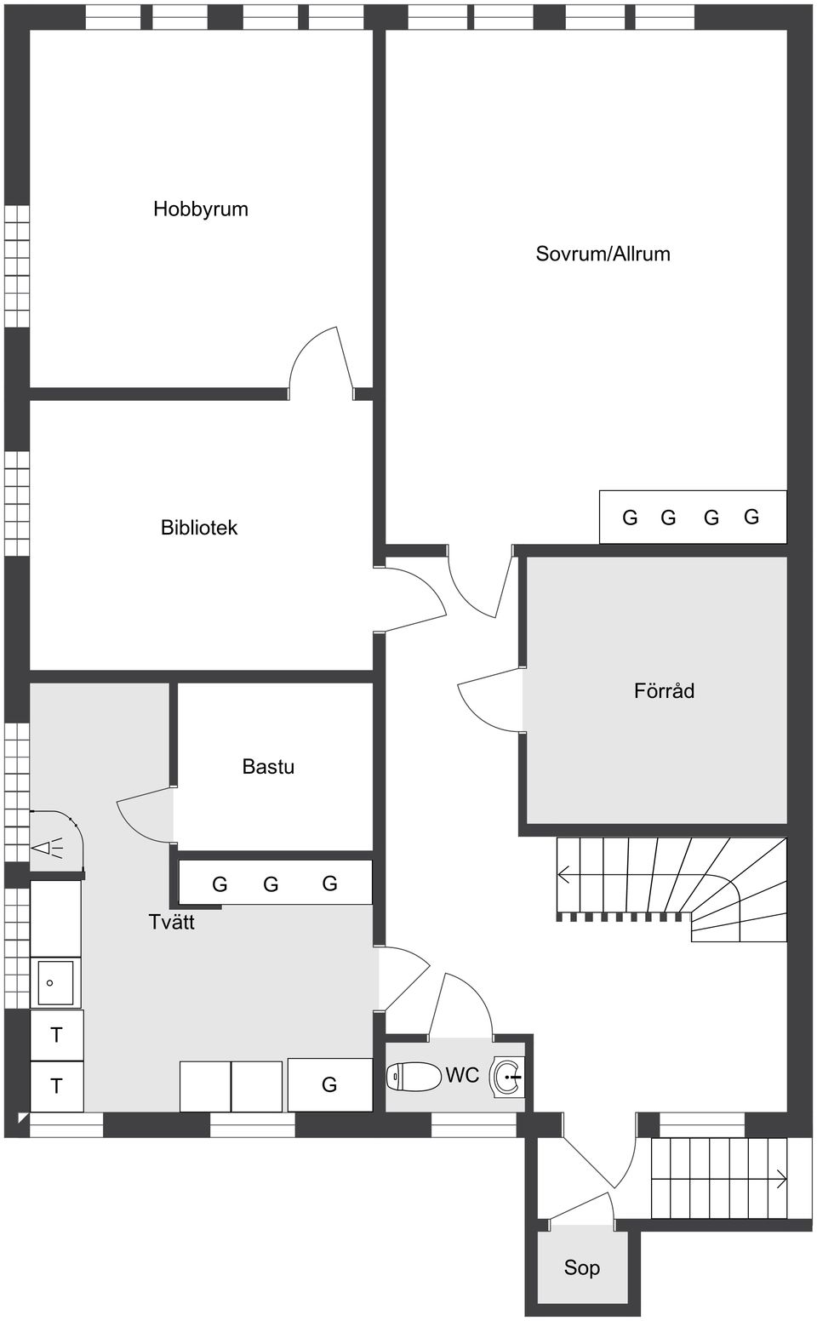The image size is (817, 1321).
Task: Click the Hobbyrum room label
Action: [201, 209]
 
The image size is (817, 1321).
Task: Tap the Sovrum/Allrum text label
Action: [603, 254]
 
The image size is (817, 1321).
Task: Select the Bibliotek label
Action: [199, 528]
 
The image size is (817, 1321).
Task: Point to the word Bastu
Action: [268, 767]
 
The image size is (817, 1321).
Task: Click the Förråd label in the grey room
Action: [664, 691]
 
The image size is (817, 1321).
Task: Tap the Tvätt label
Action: [172, 923]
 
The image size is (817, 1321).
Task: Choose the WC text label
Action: [462, 1076]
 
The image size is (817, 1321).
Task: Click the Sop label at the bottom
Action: [581, 1268]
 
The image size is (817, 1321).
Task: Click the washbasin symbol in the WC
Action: [509, 1077]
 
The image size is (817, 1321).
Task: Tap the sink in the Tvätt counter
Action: [54, 982]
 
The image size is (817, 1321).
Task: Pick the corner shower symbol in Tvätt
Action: [53, 843]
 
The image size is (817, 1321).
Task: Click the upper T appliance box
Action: [56, 1035]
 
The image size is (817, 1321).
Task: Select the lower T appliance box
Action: [56, 1086]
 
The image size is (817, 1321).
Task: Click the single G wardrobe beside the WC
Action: [329, 1084]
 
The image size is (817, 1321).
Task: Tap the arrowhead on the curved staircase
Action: [564, 874]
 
